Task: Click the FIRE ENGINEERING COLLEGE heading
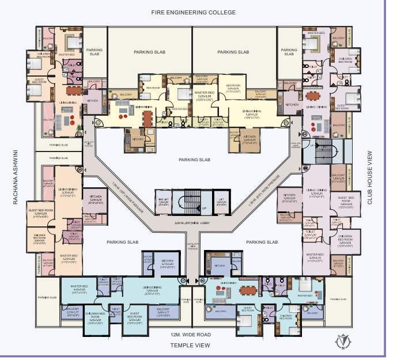click(x=194, y=12)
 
